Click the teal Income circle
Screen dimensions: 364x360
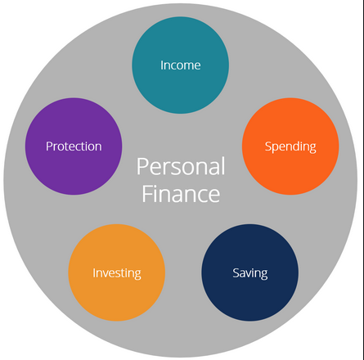(180, 65)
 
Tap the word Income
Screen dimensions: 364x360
(180, 65)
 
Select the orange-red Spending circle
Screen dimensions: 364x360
(290, 146)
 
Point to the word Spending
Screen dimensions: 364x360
(290, 147)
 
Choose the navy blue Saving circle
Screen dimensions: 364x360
(250, 272)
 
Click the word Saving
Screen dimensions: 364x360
(250, 273)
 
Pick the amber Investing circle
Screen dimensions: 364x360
(117, 272)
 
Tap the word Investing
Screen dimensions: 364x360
(117, 273)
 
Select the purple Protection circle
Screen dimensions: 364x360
(74, 146)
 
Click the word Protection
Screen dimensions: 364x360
(74, 146)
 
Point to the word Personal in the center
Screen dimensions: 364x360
(181, 166)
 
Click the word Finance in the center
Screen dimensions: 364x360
(181, 194)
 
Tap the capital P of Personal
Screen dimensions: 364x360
(142, 166)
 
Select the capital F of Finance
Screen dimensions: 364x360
(147, 194)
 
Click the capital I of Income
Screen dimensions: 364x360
(161, 65)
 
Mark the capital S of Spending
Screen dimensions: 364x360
(268, 146)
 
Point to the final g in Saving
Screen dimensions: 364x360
(264, 275)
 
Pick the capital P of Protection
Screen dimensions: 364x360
(49, 146)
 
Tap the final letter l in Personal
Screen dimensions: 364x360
(223, 166)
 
